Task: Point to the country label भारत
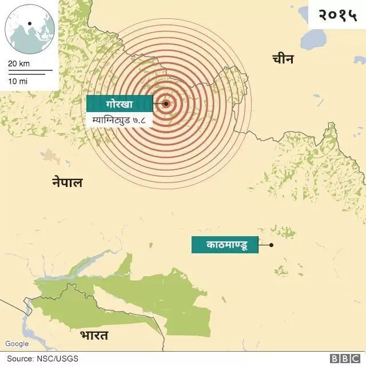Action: point(94,335)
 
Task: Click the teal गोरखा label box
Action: point(120,104)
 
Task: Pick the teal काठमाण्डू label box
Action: point(225,245)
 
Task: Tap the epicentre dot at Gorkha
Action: point(166,104)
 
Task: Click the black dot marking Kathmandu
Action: point(271,245)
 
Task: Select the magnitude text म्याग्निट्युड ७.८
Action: point(120,120)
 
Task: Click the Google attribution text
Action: point(17,344)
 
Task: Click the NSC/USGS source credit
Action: point(59,359)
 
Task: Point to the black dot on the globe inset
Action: point(29,24)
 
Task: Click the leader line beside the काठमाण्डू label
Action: point(264,245)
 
